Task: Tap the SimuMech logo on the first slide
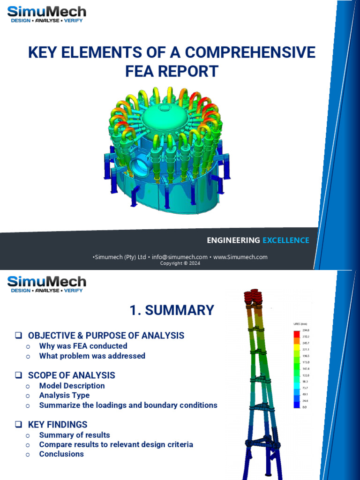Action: (46, 15)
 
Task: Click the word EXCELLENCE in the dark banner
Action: (285, 240)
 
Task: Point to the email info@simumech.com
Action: (180, 257)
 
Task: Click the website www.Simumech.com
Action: (240, 257)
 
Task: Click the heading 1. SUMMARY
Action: (172, 310)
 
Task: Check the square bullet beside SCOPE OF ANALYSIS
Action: (19, 375)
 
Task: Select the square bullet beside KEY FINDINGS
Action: (19, 425)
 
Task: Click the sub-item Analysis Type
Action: (64, 395)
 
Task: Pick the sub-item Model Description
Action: (72, 386)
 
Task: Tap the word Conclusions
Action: (61, 454)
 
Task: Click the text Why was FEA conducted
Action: (83, 346)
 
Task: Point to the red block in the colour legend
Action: (296, 334)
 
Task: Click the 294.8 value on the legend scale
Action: (306, 330)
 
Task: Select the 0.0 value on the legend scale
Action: (305, 407)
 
